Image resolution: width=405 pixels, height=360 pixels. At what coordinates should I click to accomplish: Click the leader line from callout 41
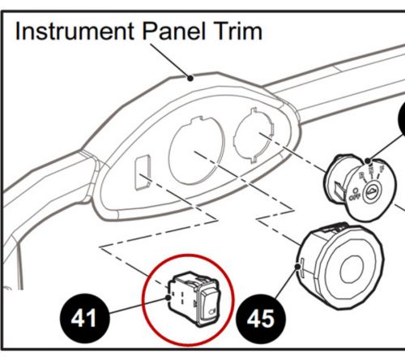(x=138, y=306)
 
